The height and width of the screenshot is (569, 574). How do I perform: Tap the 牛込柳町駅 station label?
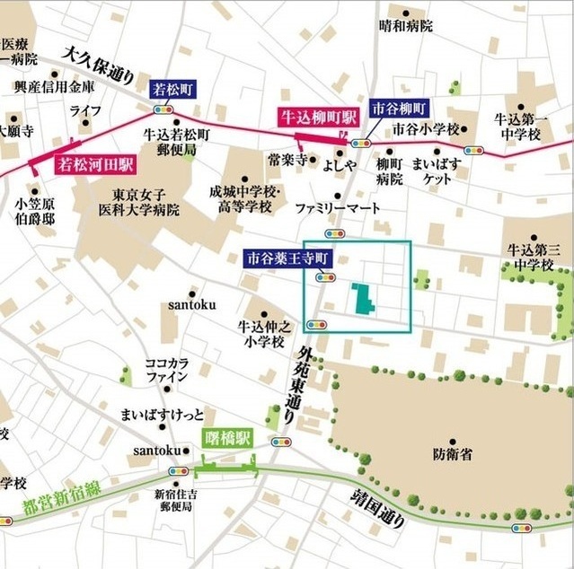click(316, 117)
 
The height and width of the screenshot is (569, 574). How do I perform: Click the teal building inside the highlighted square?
click(364, 300)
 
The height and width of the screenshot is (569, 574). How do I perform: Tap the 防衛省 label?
click(452, 455)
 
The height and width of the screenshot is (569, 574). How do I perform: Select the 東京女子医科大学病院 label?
click(139, 203)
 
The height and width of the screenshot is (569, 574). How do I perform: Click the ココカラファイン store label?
click(167, 371)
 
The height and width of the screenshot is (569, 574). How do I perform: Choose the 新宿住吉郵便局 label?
click(175, 500)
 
